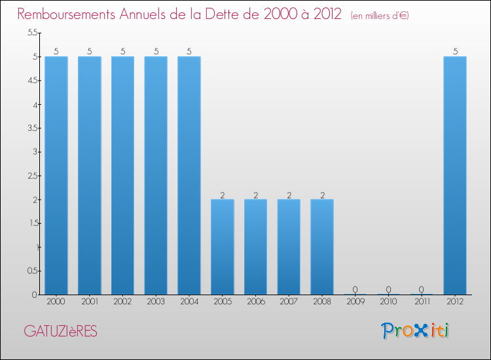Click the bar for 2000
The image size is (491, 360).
[56, 175]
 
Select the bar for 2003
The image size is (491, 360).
[156, 175]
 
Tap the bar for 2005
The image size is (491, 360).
[223, 247]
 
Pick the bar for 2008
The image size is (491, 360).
[322, 247]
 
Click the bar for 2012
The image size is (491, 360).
[455, 175]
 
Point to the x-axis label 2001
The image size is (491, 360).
[90, 302]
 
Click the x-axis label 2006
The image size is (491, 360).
[255, 302]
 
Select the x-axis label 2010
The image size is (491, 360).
[388, 302]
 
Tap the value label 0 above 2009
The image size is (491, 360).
[355, 289]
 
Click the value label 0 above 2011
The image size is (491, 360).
[422, 289]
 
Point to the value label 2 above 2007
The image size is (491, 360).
[289, 194]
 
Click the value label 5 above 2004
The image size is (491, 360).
[189, 51]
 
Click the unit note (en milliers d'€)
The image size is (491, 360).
[379, 15]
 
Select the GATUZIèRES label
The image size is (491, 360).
[60, 332]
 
